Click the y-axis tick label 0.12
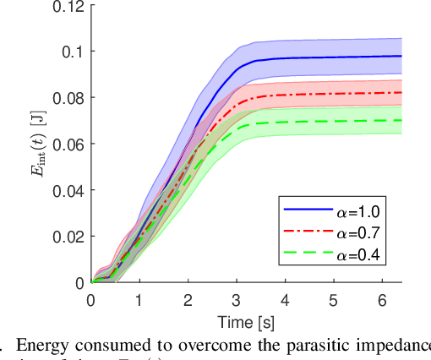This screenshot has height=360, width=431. (x=68, y=6)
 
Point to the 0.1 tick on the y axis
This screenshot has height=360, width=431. (x=74, y=52)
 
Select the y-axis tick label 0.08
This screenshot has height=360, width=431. (x=68, y=98)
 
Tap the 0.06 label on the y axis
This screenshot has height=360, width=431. (x=68, y=145)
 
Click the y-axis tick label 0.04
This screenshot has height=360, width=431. (x=68, y=190)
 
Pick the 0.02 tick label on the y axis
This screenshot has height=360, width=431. (x=68, y=237)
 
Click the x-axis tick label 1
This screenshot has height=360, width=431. (x=139, y=299)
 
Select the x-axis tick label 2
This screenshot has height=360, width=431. (x=188, y=299)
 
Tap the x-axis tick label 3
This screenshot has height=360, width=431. (x=237, y=299)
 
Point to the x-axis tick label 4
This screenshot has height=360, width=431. (x=285, y=299)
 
